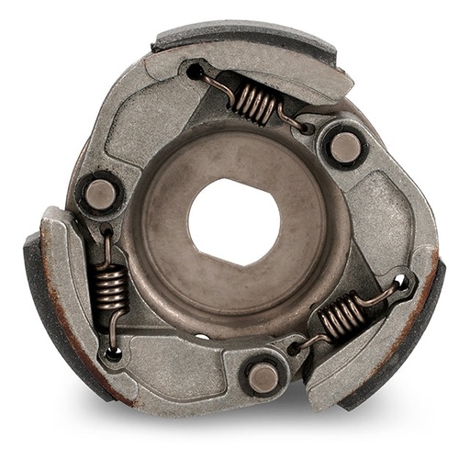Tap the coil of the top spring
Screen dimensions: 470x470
254,100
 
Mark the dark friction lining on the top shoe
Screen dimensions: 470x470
239,35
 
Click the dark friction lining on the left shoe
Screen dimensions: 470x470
50,317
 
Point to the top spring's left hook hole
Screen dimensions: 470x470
195,71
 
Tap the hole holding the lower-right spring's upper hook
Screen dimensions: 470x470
399,281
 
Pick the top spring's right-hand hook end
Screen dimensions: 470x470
296,124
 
